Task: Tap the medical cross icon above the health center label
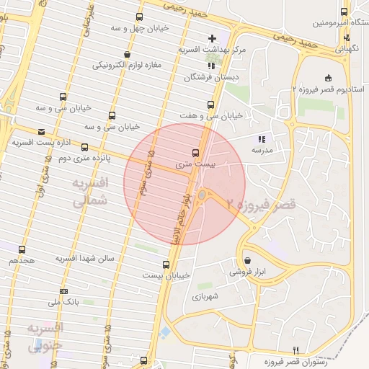pyautogui.click(x=211, y=37)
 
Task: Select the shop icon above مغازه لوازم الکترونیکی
pyautogui.click(x=128, y=54)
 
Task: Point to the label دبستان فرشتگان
pyautogui.click(x=211, y=76)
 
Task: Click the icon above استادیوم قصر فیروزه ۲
pyautogui.click(x=329, y=78)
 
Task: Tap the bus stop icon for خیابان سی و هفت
pyautogui.click(x=210, y=105)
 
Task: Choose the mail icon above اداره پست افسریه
pyautogui.click(x=41, y=132)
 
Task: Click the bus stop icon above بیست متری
pyautogui.click(x=195, y=153)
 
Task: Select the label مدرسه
pyautogui.click(x=261, y=151)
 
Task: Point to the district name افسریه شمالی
pyautogui.click(x=90, y=193)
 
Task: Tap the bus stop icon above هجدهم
pyautogui.click(x=22, y=249)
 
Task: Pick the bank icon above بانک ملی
pyautogui.click(x=63, y=292)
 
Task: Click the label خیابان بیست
pyautogui.click(x=166, y=275)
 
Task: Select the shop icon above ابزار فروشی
pyautogui.click(x=248, y=260)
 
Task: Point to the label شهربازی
pyautogui.click(x=205, y=295)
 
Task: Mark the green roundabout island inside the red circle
pyautogui.click(x=203, y=195)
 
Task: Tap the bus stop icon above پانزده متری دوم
pyautogui.click(x=85, y=147)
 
